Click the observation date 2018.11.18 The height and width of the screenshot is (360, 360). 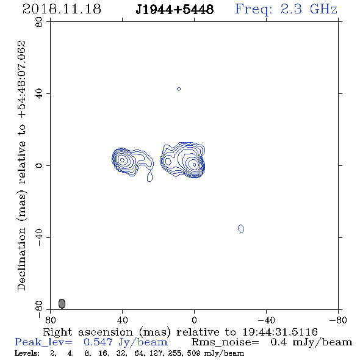(62, 9)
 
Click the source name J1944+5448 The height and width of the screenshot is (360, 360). (175, 10)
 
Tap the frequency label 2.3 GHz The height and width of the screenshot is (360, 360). (309, 9)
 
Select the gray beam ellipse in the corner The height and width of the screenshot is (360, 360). (62, 303)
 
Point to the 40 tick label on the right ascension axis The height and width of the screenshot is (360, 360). (122, 320)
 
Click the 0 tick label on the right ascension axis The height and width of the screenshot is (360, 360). (194, 320)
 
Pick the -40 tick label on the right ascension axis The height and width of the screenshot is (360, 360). (266, 320)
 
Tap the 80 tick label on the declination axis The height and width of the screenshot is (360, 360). (39, 22)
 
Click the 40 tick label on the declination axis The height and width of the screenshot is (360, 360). (39, 94)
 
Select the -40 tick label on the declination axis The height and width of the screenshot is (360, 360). (39, 237)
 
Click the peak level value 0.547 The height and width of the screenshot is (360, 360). (98, 342)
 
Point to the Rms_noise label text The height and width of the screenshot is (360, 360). (225, 342)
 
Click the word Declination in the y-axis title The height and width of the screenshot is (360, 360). (21, 259)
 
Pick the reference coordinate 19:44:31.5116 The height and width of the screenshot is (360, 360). (280, 332)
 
